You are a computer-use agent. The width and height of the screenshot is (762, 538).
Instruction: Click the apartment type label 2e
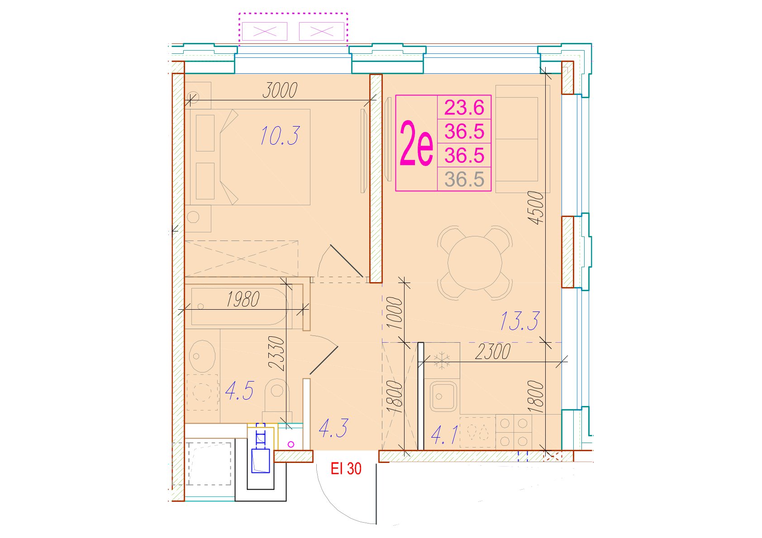(x=416, y=144)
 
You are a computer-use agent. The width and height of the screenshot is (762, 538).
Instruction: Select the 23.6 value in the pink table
(x=464, y=108)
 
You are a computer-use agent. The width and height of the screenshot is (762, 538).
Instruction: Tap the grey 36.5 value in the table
(x=464, y=179)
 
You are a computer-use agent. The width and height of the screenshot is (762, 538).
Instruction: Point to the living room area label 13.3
(x=520, y=321)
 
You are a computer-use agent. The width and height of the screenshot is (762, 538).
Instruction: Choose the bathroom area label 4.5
(x=239, y=391)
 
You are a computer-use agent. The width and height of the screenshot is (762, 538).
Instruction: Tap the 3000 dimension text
(x=280, y=90)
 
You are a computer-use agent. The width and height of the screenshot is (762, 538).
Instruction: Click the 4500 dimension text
(x=536, y=208)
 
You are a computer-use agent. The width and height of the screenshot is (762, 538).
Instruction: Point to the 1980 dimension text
(x=243, y=299)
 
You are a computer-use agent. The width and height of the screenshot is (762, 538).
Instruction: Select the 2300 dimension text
(x=493, y=352)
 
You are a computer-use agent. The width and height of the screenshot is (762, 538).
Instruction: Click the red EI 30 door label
(x=346, y=469)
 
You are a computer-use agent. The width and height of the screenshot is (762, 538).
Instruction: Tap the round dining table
(x=475, y=263)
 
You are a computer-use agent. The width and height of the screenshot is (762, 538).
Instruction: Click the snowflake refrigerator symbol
(x=442, y=360)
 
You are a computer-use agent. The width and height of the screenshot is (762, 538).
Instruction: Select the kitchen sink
(x=443, y=396)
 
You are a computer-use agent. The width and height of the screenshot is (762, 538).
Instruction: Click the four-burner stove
(x=514, y=432)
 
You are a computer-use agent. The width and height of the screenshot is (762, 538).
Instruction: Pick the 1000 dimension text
(x=395, y=313)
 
